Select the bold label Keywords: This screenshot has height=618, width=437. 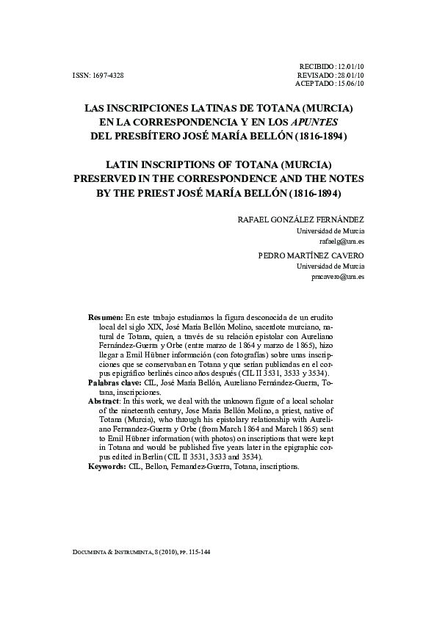click(106, 466)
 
